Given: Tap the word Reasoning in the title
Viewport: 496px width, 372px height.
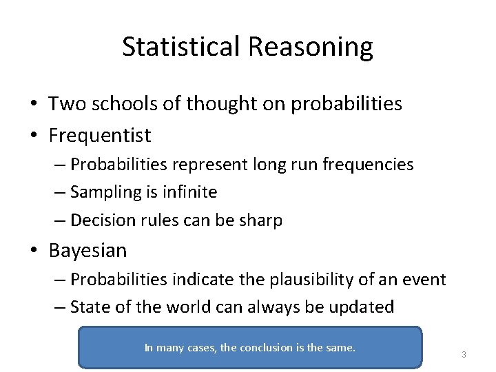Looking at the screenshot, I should click(310, 47).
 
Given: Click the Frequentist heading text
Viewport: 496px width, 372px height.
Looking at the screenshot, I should click(100, 135).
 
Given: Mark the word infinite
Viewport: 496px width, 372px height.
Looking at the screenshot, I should click(189, 192).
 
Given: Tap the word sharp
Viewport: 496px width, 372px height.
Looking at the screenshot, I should click(260, 220).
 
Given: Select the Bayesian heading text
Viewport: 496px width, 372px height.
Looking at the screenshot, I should click(87, 250).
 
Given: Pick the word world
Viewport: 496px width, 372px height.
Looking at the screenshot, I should click(200, 307).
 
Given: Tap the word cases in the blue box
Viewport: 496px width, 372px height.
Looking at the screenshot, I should click(201, 348).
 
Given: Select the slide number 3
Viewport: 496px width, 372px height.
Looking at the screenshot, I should click(464, 355).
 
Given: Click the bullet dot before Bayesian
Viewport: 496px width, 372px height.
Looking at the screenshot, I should click(34, 251).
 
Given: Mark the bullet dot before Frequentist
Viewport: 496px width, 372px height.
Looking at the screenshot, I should click(34, 136).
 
